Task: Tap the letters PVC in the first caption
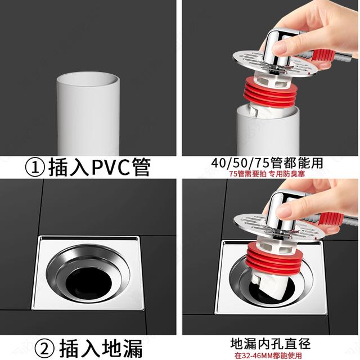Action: (111, 168)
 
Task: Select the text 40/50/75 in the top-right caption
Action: (240, 163)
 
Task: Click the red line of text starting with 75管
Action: (267, 174)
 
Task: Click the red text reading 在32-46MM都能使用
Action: (268, 355)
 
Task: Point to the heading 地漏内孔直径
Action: (271, 344)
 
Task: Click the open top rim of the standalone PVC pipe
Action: (88, 79)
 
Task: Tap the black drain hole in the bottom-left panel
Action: (89, 282)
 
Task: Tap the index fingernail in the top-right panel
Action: (280, 48)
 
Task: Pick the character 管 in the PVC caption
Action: (142, 168)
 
